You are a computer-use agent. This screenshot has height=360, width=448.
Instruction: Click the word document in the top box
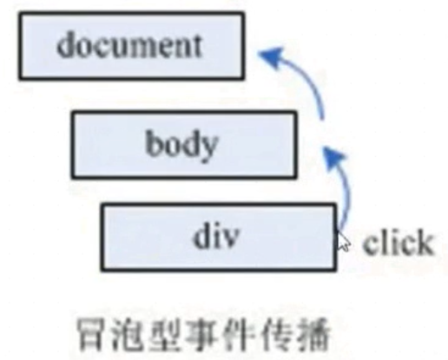tap(129, 45)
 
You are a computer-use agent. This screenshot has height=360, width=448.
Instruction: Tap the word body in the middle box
tap(181, 146)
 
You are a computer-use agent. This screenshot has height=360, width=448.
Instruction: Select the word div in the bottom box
tap(216, 236)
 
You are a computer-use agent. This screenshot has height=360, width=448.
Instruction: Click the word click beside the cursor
tap(399, 242)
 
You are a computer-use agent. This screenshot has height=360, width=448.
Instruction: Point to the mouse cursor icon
tap(342, 240)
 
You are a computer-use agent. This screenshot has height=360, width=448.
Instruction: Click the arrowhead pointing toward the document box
tap(271, 56)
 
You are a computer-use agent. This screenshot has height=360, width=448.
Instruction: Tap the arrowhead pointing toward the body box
tap(333, 159)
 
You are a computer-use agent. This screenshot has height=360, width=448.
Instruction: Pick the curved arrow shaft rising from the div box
tap(346, 193)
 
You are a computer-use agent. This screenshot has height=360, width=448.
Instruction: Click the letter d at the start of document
tap(67, 45)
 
